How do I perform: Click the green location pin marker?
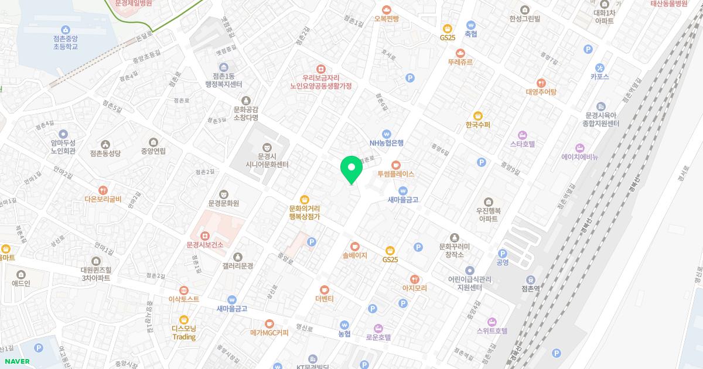click(351, 169)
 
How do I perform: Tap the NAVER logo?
click(17, 361)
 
